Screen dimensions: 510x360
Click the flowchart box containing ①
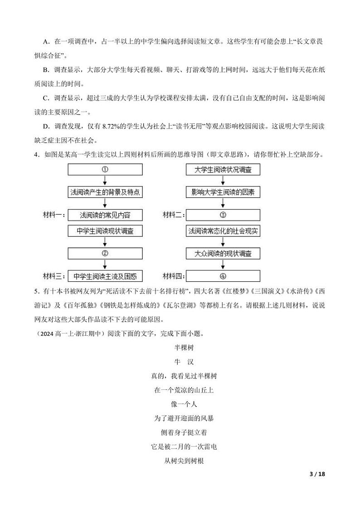click(105, 170)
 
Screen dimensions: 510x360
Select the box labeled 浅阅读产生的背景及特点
click(105, 192)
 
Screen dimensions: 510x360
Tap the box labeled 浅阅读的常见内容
click(105, 215)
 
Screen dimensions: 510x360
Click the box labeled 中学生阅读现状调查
click(105, 231)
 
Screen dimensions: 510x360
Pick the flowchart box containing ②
click(105, 253)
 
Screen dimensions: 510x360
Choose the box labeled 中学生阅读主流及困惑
click(105, 276)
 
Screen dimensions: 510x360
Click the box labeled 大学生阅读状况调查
click(223, 170)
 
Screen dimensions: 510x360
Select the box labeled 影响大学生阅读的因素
click(223, 192)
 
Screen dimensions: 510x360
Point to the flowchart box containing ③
click(223, 215)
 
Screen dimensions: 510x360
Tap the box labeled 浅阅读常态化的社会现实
click(223, 231)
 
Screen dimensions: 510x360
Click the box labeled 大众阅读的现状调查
click(223, 253)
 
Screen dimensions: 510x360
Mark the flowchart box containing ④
click(223, 276)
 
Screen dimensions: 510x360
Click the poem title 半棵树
click(180, 348)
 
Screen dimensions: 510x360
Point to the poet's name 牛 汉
click(180, 362)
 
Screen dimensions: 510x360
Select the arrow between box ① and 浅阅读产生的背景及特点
click(105, 181)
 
